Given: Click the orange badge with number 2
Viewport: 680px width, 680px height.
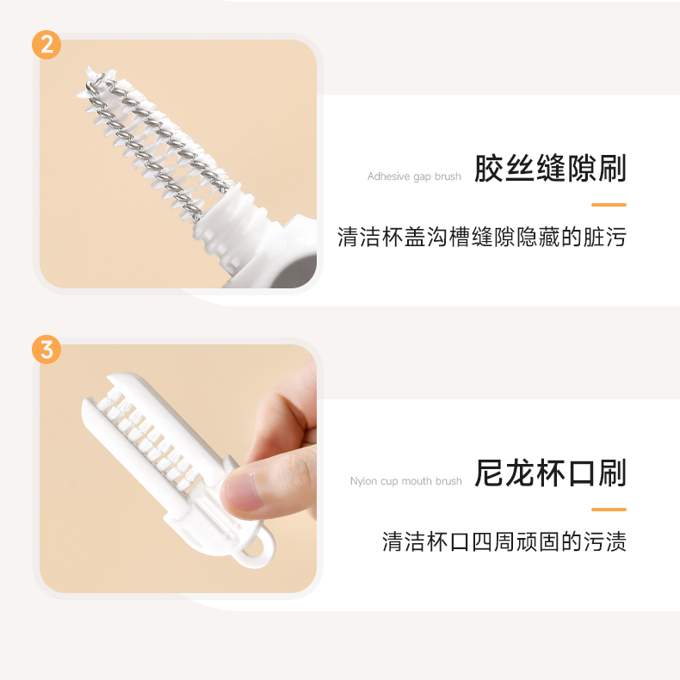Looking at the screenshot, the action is pyautogui.click(x=46, y=45).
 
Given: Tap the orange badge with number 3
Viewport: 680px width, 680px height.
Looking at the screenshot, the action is pyautogui.click(x=46, y=349).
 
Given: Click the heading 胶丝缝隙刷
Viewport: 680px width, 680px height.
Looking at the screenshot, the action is pyautogui.click(x=550, y=168).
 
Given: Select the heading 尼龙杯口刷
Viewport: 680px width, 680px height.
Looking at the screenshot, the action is pyautogui.click(x=550, y=473).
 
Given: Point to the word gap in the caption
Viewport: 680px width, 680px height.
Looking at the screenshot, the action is pyautogui.click(x=423, y=177).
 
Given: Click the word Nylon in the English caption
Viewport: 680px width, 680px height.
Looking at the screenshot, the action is pyautogui.click(x=363, y=481).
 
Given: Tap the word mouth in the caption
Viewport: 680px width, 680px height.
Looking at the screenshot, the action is pyautogui.click(x=417, y=481).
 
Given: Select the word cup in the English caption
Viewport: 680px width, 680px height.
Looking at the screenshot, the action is pyautogui.click(x=389, y=482).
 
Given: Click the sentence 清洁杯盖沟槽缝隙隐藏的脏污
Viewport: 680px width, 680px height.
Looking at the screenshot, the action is pyautogui.click(x=482, y=237).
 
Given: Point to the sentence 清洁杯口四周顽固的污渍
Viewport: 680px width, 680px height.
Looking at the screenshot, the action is pyautogui.click(x=504, y=541).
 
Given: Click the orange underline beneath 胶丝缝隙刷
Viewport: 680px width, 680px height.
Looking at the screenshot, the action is pyautogui.click(x=609, y=205).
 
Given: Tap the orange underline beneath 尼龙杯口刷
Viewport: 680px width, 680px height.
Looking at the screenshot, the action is pyautogui.click(x=609, y=509).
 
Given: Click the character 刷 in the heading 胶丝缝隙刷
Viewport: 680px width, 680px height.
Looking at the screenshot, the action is pyautogui.click(x=613, y=168).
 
